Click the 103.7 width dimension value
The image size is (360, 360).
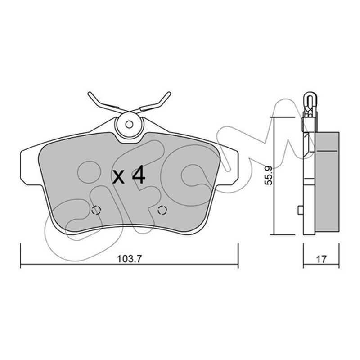pos(130,259)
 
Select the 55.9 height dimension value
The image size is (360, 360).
pos(268,175)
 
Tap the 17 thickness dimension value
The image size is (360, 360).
pos(321,259)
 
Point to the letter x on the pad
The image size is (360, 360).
pos(118,177)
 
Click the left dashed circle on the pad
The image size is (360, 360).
pos(96,210)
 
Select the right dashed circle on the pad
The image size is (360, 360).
pos(162,210)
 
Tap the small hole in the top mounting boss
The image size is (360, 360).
pos(129,125)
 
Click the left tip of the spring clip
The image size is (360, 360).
pos(89,93)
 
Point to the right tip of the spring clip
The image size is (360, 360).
pos(170,93)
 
